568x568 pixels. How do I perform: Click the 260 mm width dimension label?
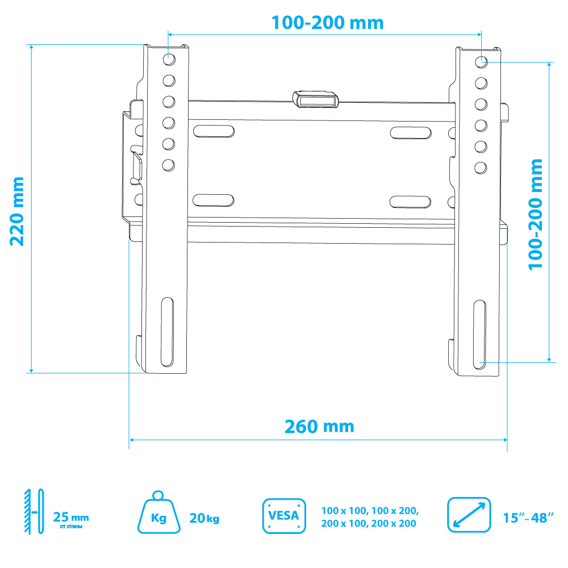click(x=319, y=427)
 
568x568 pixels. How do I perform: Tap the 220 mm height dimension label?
click(x=17, y=211)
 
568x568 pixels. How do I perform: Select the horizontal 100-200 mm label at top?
click(x=328, y=23)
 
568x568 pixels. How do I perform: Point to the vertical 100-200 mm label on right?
click(x=536, y=214)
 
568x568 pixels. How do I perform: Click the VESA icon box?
click(x=284, y=516)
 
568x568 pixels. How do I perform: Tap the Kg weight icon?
click(x=158, y=512)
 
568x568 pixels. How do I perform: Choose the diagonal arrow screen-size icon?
click(x=469, y=515)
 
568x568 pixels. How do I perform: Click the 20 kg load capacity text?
click(x=204, y=519)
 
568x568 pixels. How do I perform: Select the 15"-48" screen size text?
click(x=528, y=518)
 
